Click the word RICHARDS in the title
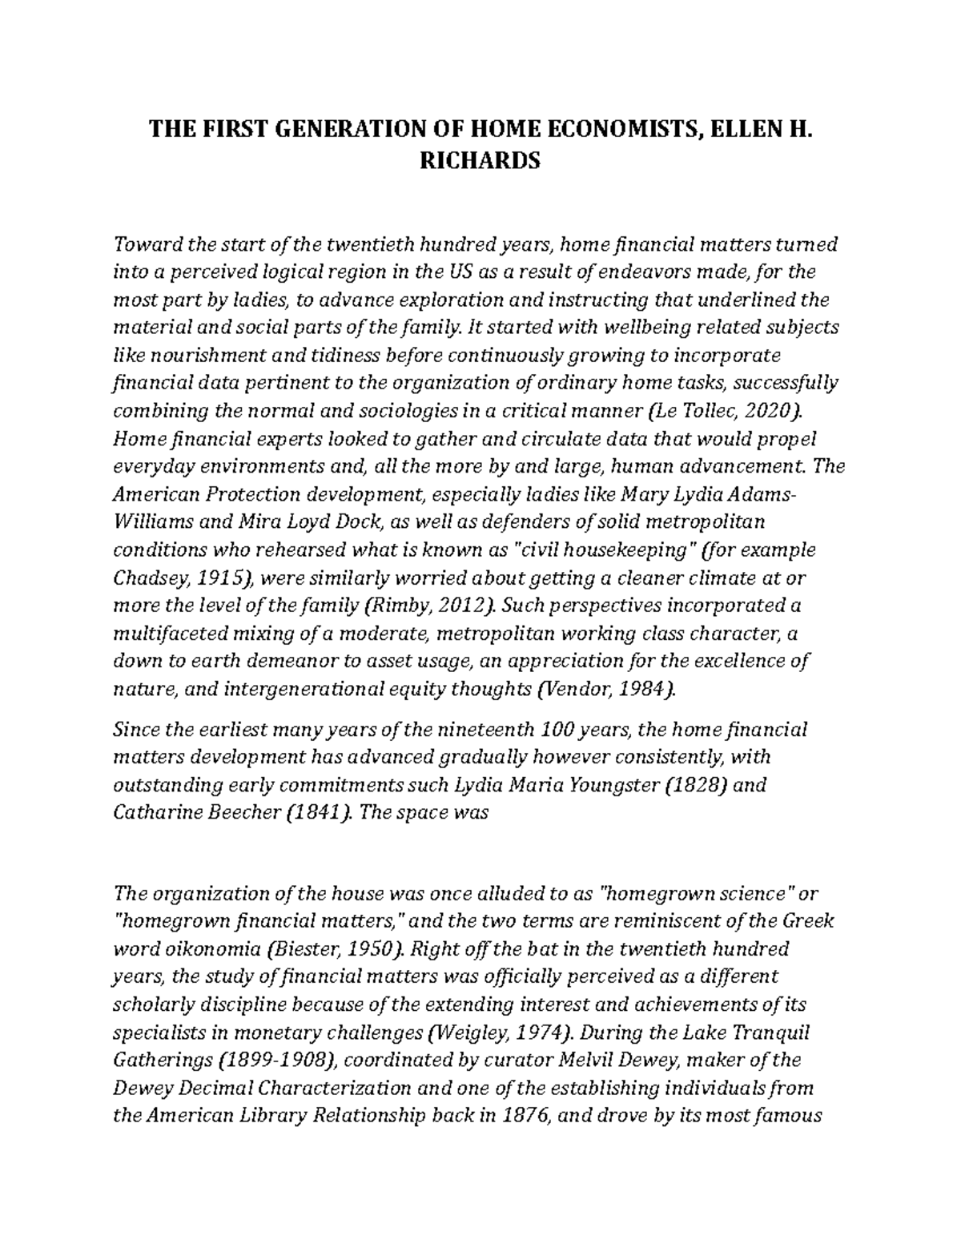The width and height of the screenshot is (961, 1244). click(480, 161)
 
